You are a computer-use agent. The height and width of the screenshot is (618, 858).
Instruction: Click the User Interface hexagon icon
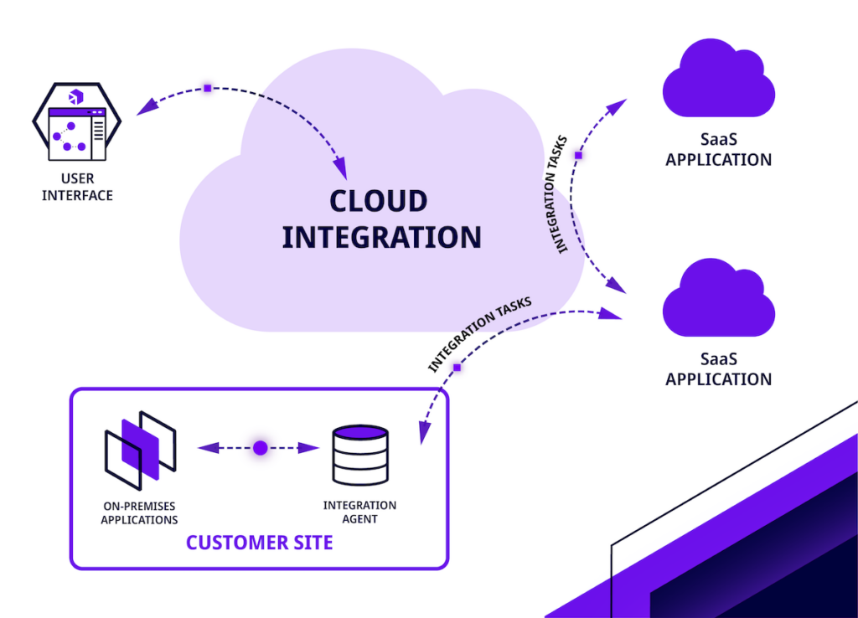point(75,123)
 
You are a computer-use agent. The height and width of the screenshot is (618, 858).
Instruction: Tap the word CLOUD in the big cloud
point(378,201)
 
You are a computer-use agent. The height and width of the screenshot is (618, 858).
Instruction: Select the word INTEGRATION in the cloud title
point(381,237)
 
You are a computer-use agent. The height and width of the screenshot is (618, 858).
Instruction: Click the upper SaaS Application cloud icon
point(718,81)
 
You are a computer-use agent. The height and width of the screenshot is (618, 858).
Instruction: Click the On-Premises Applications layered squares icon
point(139,451)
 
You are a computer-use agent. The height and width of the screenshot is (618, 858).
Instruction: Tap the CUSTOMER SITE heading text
point(259,543)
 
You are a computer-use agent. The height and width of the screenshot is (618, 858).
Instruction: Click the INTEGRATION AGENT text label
point(359,512)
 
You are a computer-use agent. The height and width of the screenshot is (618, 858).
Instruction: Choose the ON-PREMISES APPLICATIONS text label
point(139,512)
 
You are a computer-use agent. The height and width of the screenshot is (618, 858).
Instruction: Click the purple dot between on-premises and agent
point(260,448)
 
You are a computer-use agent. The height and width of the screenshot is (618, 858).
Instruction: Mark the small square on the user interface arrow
point(208,87)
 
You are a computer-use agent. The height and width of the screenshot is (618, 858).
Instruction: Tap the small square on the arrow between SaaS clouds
point(578,155)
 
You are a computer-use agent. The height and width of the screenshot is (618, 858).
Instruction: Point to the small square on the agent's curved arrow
point(457,368)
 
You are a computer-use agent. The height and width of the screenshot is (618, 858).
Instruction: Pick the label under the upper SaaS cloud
point(718,152)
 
